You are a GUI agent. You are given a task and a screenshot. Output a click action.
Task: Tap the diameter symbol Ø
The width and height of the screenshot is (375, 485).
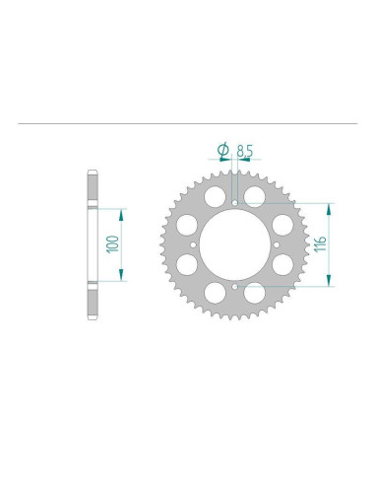click(x=221, y=150)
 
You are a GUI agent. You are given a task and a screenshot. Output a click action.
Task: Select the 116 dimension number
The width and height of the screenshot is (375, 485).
click(x=320, y=243)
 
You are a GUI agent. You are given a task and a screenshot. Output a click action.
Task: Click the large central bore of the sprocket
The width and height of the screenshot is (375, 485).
click(x=236, y=243)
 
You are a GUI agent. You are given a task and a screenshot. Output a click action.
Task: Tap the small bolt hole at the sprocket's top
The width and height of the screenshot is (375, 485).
click(x=237, y=203)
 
